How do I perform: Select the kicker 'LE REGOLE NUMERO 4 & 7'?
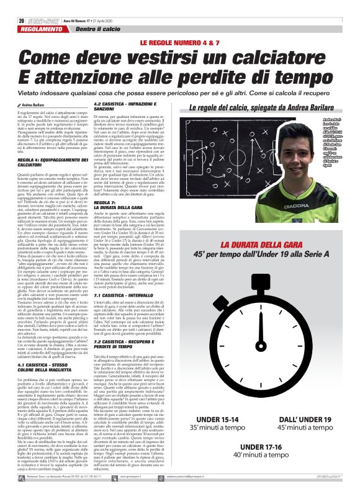tap(180, 42)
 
